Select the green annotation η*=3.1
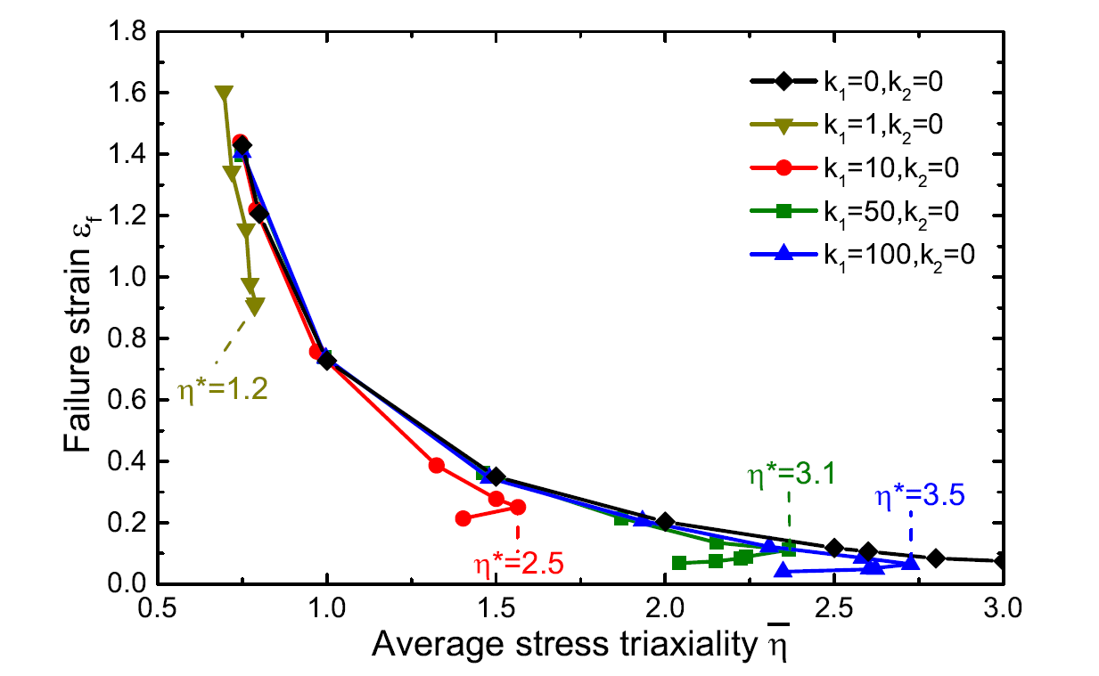[791, 475]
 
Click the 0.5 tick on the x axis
[159, 615]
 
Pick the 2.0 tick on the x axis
[665, 615]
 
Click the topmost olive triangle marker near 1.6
[225, 94]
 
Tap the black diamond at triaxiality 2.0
[665, 522]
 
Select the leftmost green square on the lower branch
[679, 563]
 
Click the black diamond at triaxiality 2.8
[935, 558]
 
